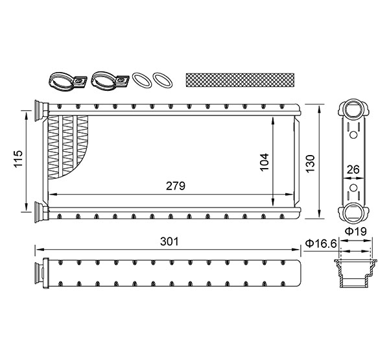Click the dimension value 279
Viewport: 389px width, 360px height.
(176, 186)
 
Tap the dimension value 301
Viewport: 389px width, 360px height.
(169, 241)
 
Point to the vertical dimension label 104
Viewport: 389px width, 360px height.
(264, 162)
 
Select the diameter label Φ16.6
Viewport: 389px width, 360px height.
(320, 243)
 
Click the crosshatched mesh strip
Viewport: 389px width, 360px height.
(239, 80)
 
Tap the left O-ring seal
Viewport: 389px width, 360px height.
(143, 80)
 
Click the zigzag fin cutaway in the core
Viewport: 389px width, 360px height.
(71, 146)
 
